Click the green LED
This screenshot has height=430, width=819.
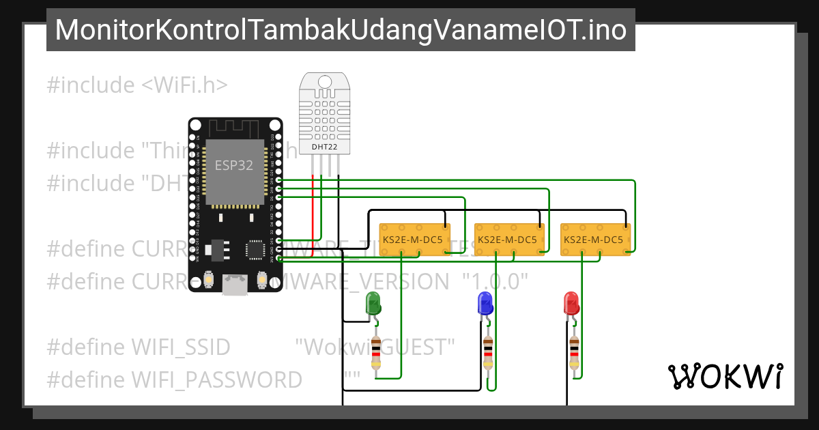(373, 303)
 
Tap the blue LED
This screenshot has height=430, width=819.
(485, 303)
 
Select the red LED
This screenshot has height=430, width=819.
(571, 303)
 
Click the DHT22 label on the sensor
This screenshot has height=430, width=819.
(325, 145)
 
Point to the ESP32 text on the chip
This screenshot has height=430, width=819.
(234, 165)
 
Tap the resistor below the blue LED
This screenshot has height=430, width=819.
(487, 353)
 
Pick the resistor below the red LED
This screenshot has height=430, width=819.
(574, 353)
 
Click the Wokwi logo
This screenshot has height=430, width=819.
(725, 376)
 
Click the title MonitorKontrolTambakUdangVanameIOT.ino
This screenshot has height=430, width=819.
(341, 30)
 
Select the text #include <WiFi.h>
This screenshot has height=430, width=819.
(137, 85)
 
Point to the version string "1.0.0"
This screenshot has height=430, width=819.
(495, 281)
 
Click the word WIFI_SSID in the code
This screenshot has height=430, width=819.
(181, 347)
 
